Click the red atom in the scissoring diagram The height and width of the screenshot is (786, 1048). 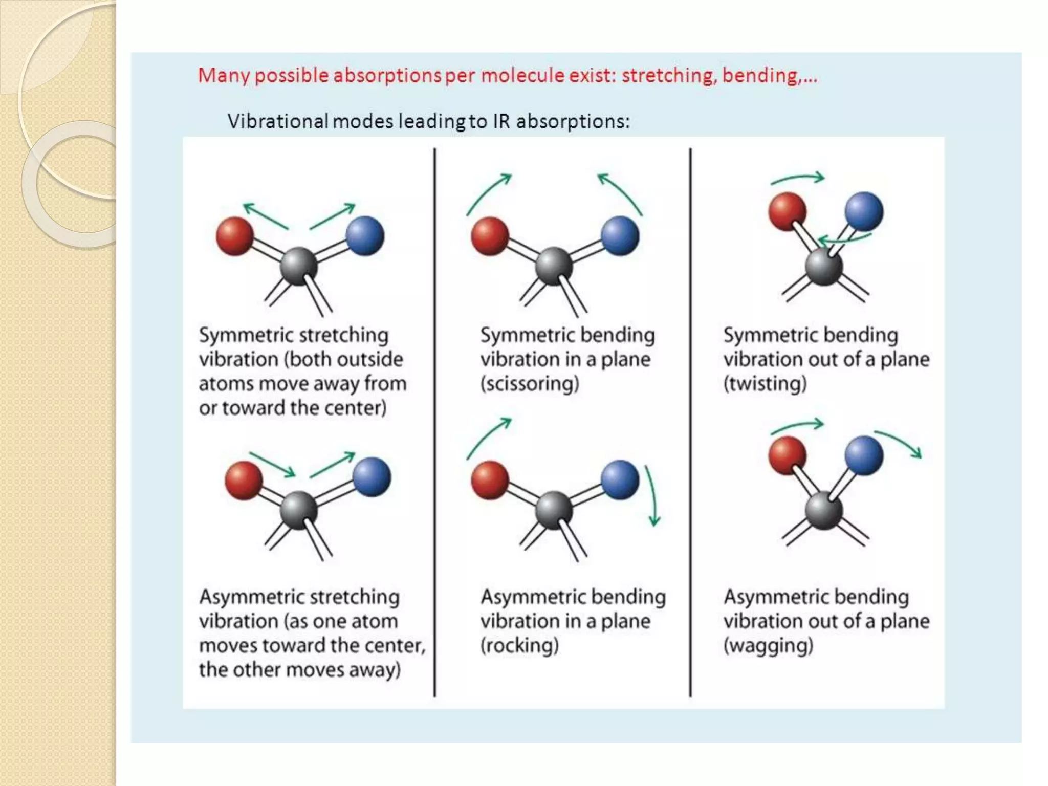490,236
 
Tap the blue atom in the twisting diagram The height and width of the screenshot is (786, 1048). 864,211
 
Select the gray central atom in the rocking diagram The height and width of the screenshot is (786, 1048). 553,510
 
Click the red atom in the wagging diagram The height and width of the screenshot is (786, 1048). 787,455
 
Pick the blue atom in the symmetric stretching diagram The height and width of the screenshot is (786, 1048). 365,235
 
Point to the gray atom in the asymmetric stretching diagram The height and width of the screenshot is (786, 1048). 298,510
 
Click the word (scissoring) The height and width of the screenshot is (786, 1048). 530,383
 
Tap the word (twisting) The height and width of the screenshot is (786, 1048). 765,383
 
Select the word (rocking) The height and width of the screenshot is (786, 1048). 519,645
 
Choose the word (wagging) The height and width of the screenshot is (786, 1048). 768,645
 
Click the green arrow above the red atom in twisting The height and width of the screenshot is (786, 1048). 798,179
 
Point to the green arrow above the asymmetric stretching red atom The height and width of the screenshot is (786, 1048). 272,463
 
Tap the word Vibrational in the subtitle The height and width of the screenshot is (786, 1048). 277,122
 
